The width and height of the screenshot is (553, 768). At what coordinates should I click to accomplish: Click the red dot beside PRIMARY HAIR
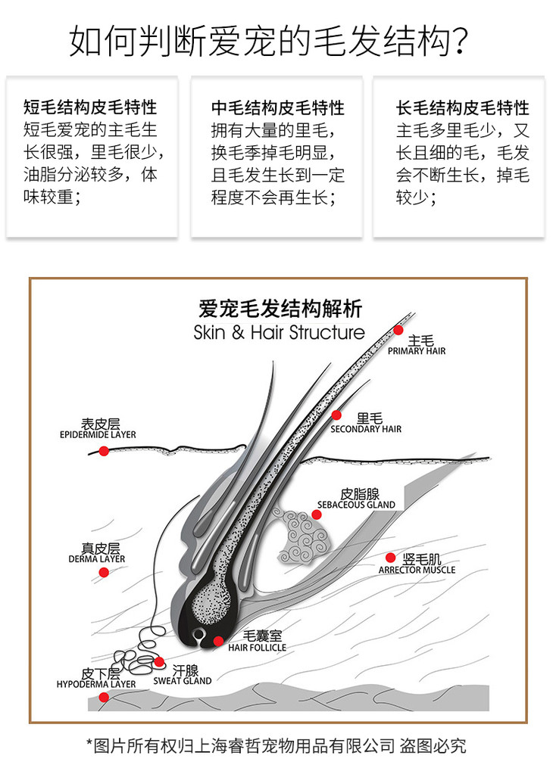coord(398,329)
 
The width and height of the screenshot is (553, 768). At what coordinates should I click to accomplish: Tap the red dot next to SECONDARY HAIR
coord(337,415)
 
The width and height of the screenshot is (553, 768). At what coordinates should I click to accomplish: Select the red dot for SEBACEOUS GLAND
coord(317,515)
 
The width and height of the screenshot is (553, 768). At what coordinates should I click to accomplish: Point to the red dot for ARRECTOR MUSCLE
coord(391,557)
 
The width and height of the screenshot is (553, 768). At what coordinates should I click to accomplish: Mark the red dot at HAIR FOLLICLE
coord(218,641)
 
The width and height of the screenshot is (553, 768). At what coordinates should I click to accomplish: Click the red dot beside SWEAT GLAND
coord(159,661)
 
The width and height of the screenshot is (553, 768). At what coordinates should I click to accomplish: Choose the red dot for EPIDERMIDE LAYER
coord(104,450)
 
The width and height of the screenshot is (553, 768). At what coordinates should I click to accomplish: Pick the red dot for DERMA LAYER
coord(104,572)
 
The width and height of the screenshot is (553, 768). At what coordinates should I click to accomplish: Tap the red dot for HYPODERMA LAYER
coord(104,697)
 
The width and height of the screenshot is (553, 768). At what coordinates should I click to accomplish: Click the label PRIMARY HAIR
coord(417,351)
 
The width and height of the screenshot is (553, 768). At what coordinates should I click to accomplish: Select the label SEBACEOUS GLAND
coord(356,505)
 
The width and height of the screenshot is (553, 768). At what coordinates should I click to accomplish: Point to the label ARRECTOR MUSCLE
coord(417,570)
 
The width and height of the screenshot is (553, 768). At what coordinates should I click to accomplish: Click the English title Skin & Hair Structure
coord(279,332)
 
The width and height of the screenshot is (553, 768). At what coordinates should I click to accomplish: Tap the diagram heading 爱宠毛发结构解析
coord(280,309)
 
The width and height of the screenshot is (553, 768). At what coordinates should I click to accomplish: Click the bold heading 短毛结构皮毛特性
coord(90,107)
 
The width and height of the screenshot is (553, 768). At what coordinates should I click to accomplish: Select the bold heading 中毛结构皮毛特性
coord(277,107)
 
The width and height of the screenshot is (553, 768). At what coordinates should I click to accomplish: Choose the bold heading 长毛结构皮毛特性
coord(463,107)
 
